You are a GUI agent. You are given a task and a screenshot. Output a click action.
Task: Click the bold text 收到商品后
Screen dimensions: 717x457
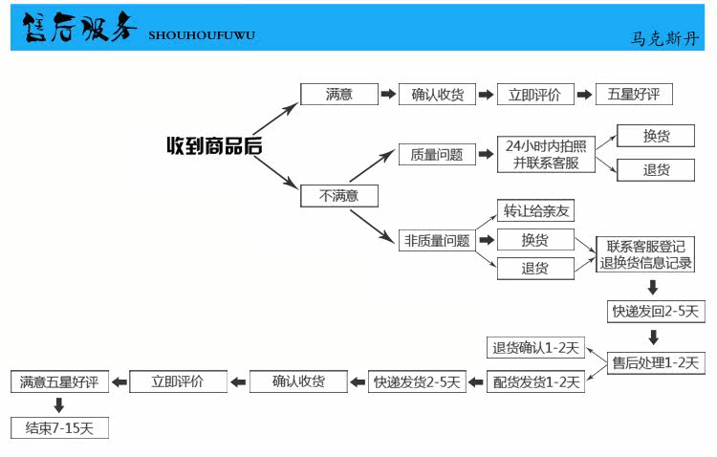214,146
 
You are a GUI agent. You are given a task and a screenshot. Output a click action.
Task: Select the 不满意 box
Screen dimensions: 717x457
339,196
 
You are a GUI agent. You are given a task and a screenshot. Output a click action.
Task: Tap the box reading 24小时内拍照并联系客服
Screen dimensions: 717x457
546,154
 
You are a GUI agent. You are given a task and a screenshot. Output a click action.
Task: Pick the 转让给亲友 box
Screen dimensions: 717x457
535,210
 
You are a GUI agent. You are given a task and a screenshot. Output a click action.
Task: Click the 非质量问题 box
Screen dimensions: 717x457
437,240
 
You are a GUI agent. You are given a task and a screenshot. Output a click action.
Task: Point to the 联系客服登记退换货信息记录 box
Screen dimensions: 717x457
645,254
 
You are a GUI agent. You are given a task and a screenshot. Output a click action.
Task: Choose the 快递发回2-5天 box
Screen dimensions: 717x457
656,312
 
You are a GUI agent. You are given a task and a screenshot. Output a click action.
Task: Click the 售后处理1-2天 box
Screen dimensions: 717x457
656,363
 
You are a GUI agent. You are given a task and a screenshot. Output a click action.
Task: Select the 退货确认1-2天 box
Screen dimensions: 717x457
535,348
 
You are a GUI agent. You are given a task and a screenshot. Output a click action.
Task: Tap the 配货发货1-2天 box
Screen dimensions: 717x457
535,381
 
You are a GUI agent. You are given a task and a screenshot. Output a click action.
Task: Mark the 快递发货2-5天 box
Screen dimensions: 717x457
417,381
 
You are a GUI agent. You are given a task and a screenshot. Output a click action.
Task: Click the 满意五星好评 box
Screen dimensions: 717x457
59,381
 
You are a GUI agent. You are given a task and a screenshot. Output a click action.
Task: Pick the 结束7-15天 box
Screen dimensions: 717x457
59,428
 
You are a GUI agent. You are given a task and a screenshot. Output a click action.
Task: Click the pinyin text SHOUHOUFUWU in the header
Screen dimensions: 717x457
202,35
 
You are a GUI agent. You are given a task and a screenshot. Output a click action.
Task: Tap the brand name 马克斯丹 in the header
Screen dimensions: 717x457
664,38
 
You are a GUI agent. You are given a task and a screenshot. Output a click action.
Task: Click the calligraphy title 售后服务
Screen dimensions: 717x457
79,27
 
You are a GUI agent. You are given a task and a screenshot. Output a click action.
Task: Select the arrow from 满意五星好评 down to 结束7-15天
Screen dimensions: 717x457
59,404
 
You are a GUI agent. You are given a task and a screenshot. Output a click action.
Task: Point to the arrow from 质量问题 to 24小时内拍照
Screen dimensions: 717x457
486,154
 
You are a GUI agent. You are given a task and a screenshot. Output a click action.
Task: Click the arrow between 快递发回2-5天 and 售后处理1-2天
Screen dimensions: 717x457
654,337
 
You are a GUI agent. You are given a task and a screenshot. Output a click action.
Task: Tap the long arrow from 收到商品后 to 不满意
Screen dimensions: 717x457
275,172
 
